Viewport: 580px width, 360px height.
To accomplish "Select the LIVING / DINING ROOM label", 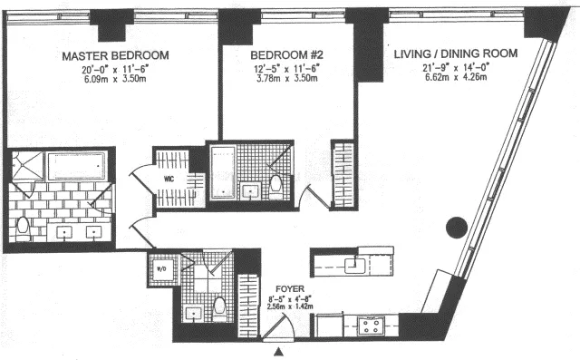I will [456, 54].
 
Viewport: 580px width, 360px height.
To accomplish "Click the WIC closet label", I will [169, 179].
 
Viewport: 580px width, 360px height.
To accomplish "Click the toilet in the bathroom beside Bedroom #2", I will [276, 186].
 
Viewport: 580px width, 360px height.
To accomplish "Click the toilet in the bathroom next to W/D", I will [218, 307].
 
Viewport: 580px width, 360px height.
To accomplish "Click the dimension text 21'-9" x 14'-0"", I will [456, 66].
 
